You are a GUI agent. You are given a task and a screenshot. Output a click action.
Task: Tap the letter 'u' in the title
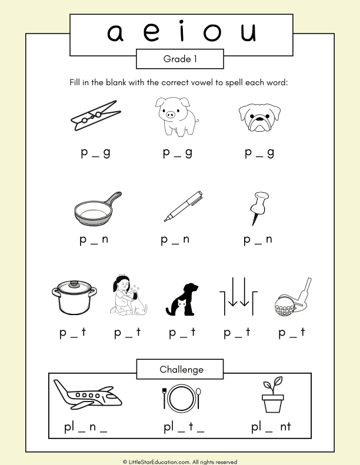coord(248,33)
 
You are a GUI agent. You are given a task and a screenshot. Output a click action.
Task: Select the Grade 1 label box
coord(179,59)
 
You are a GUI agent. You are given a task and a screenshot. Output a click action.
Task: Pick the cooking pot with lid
coord(73,297)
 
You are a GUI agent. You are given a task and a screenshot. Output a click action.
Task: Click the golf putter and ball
coord(291,297)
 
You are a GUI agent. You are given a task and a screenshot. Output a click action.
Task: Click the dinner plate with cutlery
coord(181,398)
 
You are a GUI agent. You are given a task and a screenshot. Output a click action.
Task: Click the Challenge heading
coord(179,369)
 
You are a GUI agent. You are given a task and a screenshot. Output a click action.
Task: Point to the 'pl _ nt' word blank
coord(271,428)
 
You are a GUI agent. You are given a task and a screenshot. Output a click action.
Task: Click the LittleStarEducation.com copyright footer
coord(179,461)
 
